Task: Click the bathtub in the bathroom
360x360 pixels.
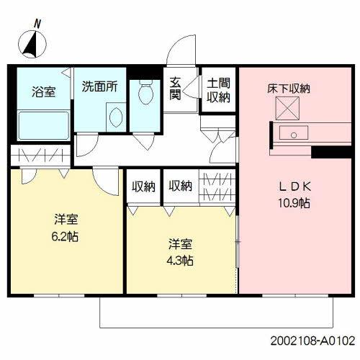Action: pos(42,125)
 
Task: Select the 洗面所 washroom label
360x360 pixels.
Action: pos(99,88)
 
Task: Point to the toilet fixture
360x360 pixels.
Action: pos(147,94)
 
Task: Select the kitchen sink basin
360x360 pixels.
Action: pos(293,133)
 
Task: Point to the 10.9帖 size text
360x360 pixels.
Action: pos(294,203)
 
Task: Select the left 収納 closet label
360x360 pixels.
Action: pos(143,186)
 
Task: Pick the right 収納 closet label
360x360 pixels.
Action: pos(180,186)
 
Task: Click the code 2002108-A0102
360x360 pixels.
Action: pos(312,338)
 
